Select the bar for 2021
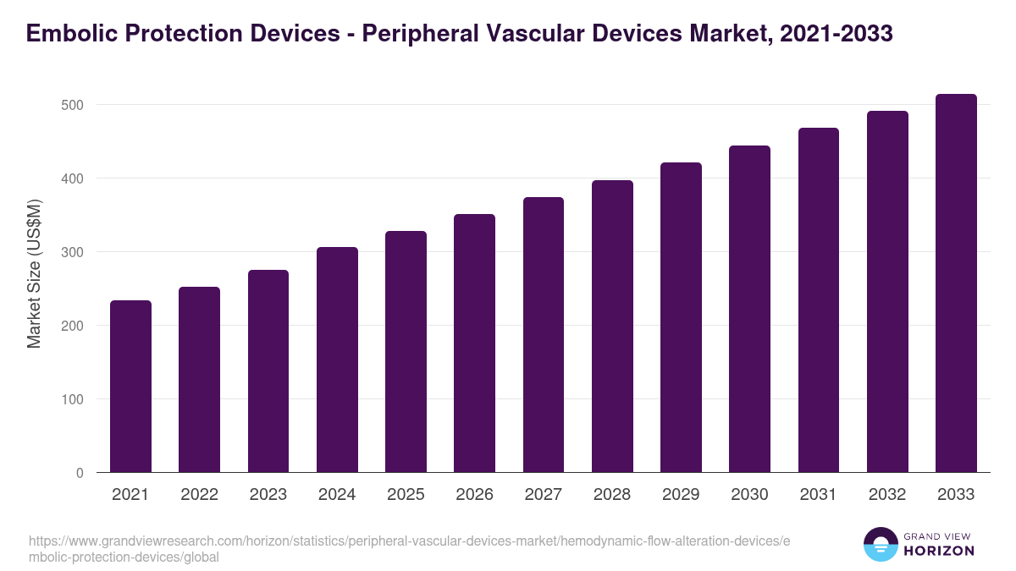click(x=130, y=387)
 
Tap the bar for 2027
click(x=544, y=335)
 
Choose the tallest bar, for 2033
click(x=956, y=283)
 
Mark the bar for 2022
click(x=199, y=380)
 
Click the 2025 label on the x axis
click(x=406, y=495)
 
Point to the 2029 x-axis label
click(x=681, y=495)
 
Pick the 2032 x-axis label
click(x=887, y=495)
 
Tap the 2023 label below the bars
click(x=268, y=495)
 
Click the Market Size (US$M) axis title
click(x=35, y=274)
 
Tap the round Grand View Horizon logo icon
click(x=881, y=544)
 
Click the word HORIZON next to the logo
click(x=939, y=551)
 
